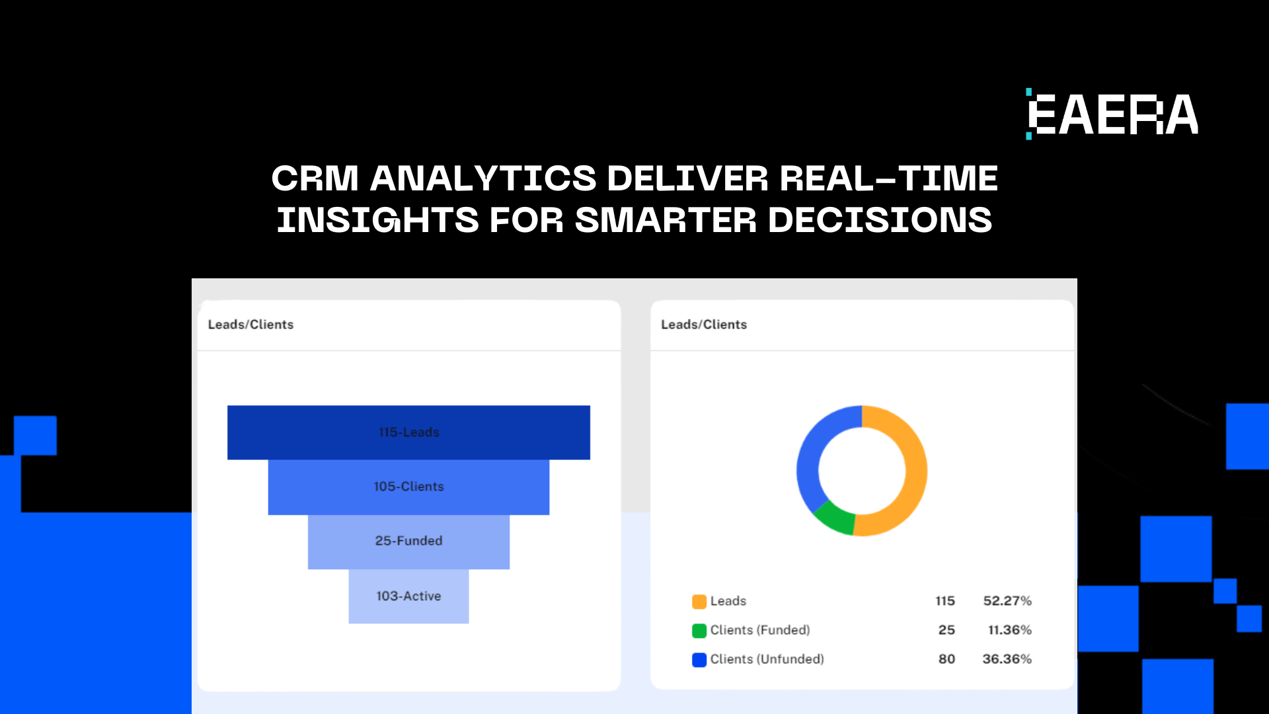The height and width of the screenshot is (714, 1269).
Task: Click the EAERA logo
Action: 1112,114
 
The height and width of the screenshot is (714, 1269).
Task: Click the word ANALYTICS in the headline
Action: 483,178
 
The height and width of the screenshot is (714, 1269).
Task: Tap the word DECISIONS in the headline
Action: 880,219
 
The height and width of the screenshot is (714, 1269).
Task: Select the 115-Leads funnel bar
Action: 408,432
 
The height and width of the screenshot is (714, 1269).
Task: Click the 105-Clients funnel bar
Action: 408,487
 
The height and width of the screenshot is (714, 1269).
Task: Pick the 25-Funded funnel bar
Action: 408,541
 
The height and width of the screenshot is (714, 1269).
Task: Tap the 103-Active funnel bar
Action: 408,596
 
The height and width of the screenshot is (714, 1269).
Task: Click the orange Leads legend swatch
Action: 699,602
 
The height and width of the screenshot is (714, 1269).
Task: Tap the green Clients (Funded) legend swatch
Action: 699,631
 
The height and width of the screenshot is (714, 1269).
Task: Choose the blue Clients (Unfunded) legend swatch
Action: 699,660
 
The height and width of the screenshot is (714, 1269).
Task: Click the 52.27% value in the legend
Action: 1007,601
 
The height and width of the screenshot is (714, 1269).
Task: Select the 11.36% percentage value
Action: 1010,630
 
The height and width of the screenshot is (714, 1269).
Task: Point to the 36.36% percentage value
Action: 1007,659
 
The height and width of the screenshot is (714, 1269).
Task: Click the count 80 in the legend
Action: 947,659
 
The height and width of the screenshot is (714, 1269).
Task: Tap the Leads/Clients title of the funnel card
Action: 251,325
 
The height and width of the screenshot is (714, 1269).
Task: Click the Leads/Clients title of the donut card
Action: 704,325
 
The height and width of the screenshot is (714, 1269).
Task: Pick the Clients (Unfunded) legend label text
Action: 767,659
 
